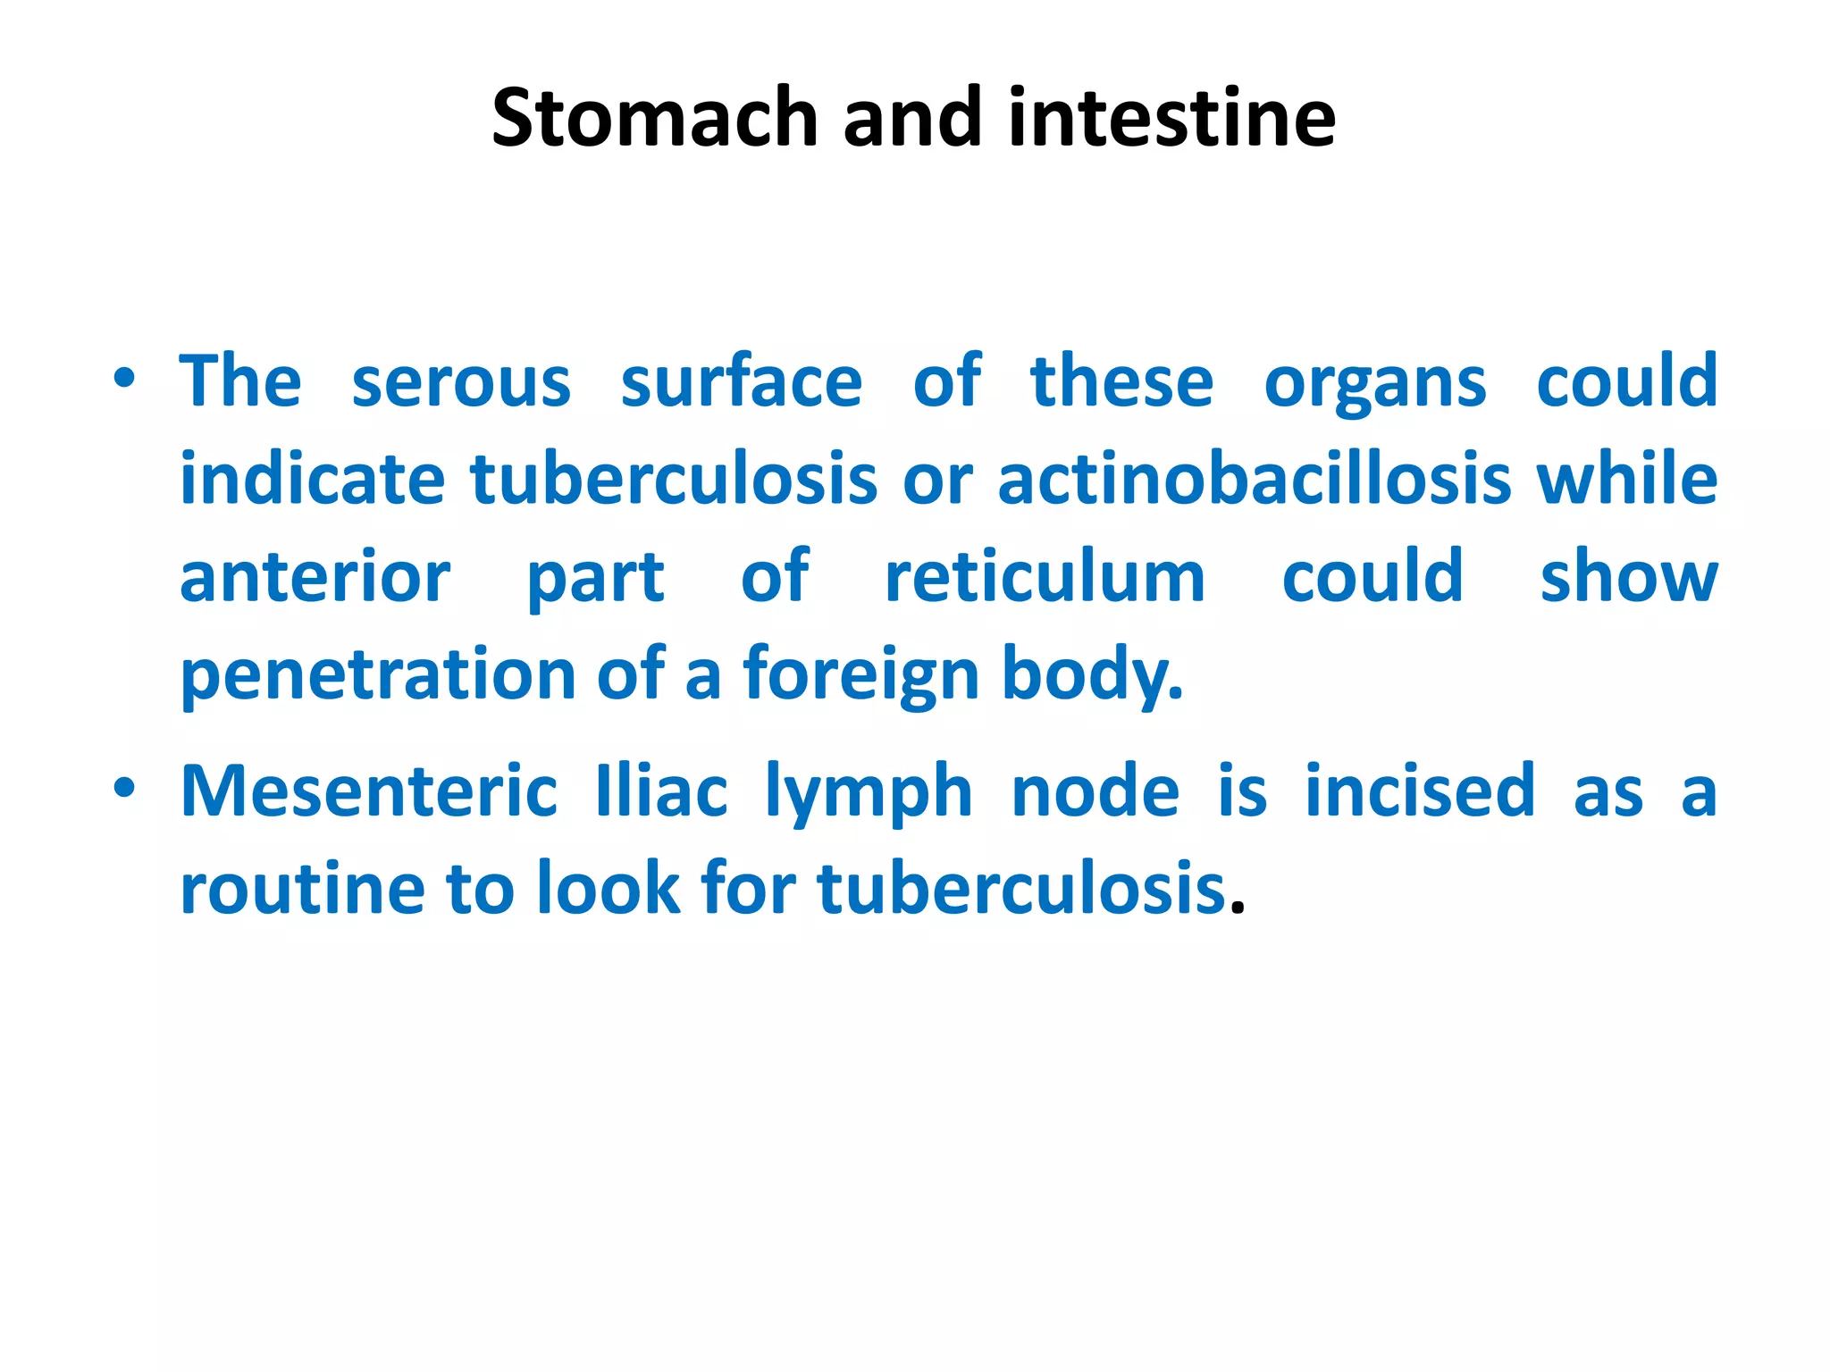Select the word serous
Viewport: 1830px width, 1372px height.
pyautogui.click(x=461, y=382)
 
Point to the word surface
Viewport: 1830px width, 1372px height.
pyautogui.click(x=742, y=382)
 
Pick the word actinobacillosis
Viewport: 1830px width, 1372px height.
pyautogui.click(x=1255, y=480)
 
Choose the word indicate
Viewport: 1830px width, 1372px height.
pyautogui.click(x=313, y=480)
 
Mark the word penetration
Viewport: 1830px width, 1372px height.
pyautogui.click(x=379, y=675)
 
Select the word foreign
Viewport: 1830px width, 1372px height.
pyautogui.click(x=861, y=675)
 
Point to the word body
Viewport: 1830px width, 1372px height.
pyautogui.click(x=1092, y=675)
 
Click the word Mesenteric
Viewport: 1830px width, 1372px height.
pyautogui.click(x=369, y=791)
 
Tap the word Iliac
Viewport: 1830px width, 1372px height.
pyautogui.click(x=661, y=791)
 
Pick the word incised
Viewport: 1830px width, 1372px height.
pyautogui.click(x=1420, y=791)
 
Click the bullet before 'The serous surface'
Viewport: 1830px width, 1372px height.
pyautogui.click(x=124, y=379)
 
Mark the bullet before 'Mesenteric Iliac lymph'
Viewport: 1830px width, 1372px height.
pyautogui.click(x=124, y=788)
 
